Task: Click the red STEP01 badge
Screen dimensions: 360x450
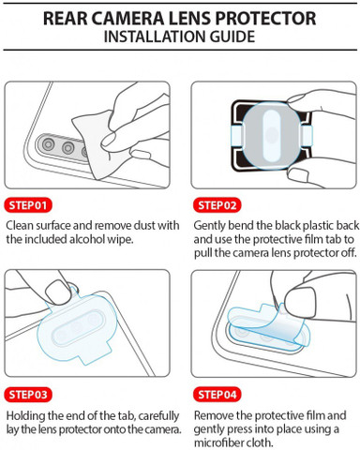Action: coord(28,205)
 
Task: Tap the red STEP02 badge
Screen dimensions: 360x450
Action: coord(217,205)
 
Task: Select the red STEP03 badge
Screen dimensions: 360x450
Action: coord(28,395)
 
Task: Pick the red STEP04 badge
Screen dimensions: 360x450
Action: coord(217,395)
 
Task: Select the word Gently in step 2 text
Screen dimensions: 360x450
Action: coord(209,226)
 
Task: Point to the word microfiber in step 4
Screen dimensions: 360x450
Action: coord(216,442)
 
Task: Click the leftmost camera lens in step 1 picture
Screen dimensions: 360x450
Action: coord(48,144)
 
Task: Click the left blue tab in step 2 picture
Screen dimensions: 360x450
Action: coord(236,137)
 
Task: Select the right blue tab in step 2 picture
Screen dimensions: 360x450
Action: coord(307,137)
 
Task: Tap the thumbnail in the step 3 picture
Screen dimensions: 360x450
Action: coord(57,292)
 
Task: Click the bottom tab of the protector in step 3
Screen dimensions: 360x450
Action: coord(94,353)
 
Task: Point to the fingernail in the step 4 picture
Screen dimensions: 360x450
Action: coord(300,301)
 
